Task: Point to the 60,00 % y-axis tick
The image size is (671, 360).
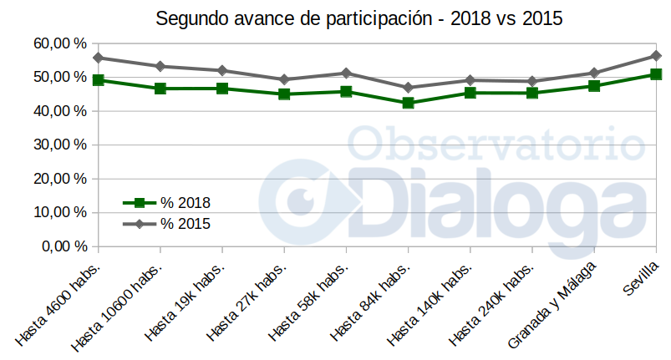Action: tap(61, 43)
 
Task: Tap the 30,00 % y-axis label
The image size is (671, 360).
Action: tap(61, 145)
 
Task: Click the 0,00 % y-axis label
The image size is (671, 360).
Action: tap(64, 246)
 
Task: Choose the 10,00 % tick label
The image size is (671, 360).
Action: tap(61, 212)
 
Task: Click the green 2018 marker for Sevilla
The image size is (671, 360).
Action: tap(656, 74)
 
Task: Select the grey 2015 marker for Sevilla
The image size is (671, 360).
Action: tap(656, 56)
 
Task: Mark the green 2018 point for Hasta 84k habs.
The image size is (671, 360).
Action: tap(408, 103)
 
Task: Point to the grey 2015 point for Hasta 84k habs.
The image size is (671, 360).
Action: tap(408, 87)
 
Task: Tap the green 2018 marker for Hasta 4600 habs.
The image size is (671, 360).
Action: tap(99, 80)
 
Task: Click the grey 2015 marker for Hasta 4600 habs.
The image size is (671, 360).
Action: tap(99, 58)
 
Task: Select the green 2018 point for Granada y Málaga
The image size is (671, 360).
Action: tap(594, 86)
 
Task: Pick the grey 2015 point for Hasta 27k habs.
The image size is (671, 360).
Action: tap(284, 79)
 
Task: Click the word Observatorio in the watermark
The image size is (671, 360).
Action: tap(496, 143)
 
